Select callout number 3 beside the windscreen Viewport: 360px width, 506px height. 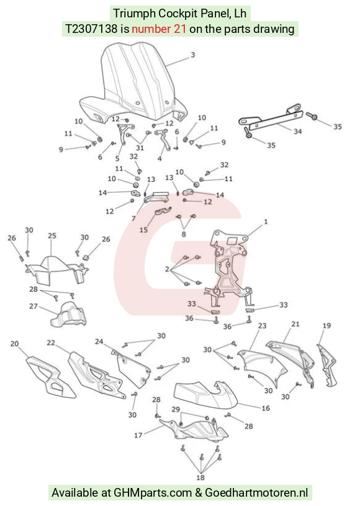192,55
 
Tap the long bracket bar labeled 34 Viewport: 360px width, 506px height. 271,117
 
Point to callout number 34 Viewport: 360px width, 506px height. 297,132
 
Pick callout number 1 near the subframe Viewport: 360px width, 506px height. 266,222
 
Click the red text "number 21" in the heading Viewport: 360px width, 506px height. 159,29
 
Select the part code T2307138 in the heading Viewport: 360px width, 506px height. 92,29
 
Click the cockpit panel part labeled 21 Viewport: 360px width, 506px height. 292,361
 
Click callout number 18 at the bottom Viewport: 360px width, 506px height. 200,477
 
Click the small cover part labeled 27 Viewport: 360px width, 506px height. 68,315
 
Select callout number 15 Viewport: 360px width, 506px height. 143,230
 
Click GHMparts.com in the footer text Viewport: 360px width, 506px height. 153,493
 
